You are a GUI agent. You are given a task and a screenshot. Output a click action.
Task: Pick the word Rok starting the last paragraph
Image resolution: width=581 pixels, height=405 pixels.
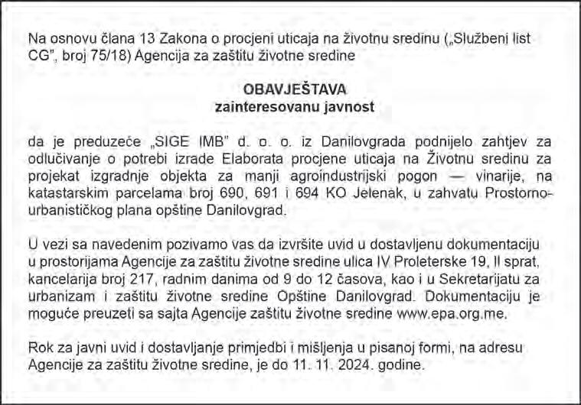(39, 347)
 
